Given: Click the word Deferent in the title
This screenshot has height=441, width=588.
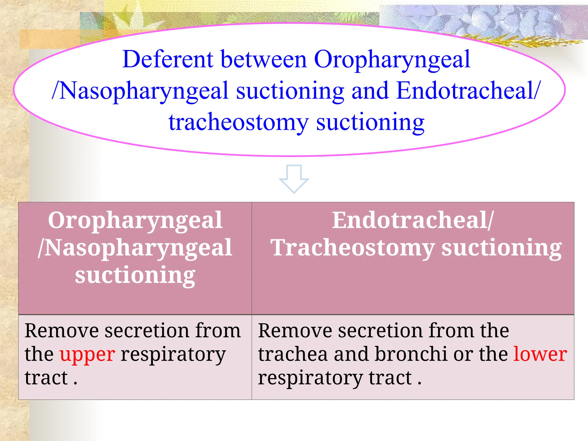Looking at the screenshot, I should pos(168,59).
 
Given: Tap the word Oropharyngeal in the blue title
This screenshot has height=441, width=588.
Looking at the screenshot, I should pos(392,59).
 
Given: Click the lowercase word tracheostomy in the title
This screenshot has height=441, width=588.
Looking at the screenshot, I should pos(238,123).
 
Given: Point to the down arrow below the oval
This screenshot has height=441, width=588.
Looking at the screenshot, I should pos(294,179).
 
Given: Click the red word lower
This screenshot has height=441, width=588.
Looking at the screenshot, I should pos(540,354).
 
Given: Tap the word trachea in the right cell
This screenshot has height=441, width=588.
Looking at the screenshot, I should pos(293,354).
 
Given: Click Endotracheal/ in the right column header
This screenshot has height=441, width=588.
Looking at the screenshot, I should pos(413,220).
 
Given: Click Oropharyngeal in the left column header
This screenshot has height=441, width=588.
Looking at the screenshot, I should pos(135,221).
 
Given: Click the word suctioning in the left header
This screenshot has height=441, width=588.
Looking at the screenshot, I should pos(135,275).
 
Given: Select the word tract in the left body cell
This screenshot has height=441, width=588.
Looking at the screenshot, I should pos(46,378).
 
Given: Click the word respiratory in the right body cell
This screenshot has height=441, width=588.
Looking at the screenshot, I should pos(310,378).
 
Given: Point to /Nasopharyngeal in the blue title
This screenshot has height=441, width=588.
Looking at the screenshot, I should pos(140,91).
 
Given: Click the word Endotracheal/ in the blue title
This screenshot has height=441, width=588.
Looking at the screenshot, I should pos(468,91).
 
